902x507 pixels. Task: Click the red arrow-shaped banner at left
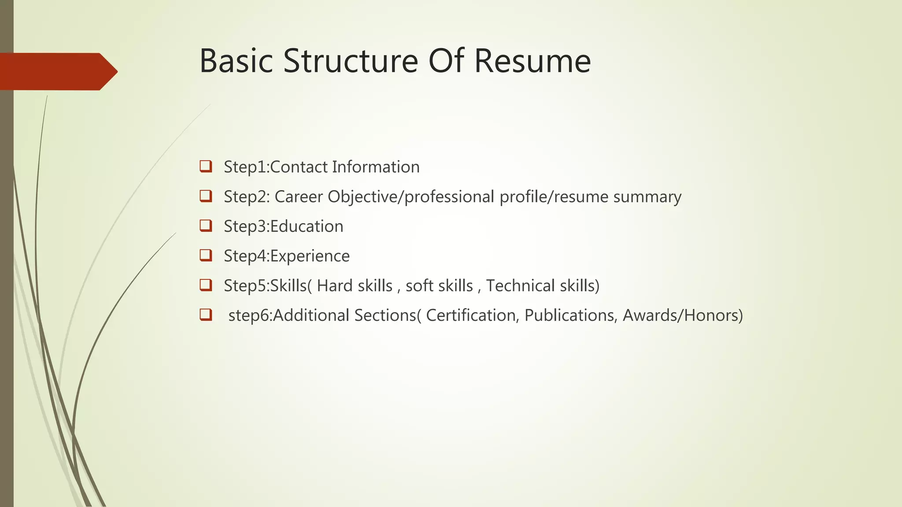(57, 71)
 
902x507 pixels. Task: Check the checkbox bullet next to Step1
(206, 166)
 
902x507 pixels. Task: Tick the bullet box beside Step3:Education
(206, 226)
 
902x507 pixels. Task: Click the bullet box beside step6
(206, 315)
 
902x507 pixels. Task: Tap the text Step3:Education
(283, 226)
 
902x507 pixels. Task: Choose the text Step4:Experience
(286, 256)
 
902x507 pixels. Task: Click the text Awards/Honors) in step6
(683, 315)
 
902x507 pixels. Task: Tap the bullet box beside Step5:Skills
(206, 285)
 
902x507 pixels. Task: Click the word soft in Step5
(419, 286)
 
